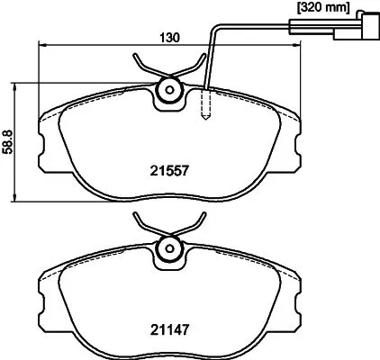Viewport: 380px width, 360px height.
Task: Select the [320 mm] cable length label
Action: click(321, 7)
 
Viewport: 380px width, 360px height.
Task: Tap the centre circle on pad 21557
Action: click(167, 91)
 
